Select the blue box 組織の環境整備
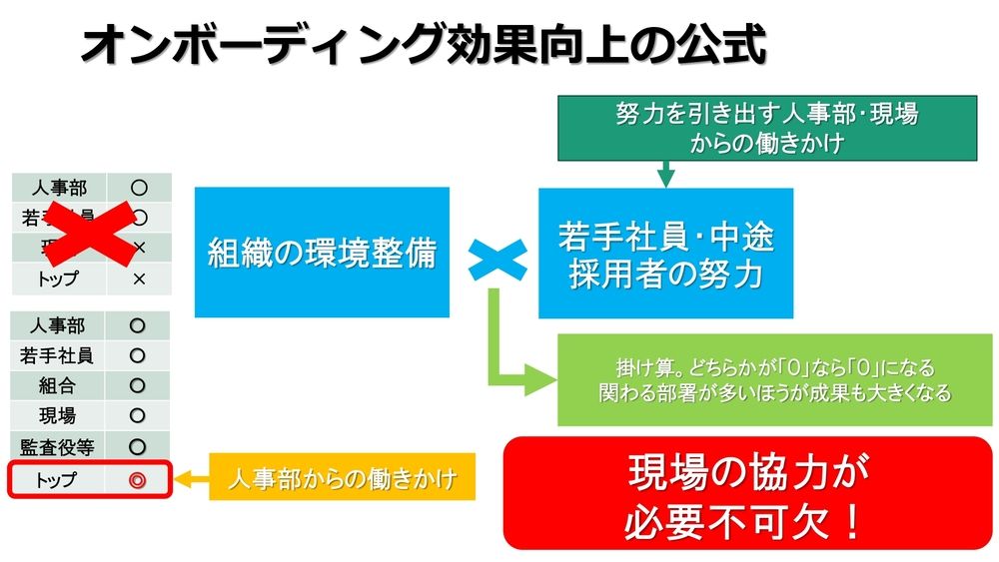[322, 252]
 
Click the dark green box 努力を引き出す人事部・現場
[766, 127]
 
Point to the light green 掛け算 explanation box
[774, 379]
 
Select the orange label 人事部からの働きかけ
[342, 479]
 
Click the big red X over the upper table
[89, 233]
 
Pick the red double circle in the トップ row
[138, 480]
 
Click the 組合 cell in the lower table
[57, 386]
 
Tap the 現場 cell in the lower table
[57, 416]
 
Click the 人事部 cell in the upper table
[58, 188]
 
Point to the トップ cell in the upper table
[57, 279]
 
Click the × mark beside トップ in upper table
[139, 279]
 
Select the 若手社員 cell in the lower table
[57, 355]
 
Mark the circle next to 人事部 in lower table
[138, 325]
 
